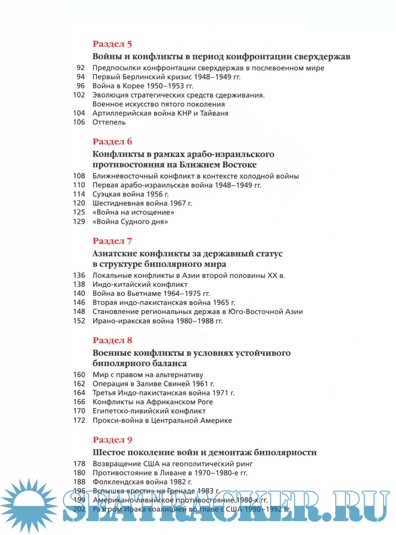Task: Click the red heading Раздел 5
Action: (112, 44)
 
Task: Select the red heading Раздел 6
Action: (112, 142)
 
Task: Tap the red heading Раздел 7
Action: (112, 241)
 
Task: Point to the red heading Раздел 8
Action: (112, 340)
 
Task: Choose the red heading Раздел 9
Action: (112, 440)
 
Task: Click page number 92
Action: (81, 68)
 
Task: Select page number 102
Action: (79, 95)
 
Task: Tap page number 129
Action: (79, 221)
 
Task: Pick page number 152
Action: (79, 321)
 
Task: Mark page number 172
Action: (79, 420)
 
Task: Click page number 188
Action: (79, 482)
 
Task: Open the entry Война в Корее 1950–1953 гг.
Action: (143, 86)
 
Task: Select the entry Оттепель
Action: (109, 122)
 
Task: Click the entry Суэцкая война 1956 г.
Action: (131, 194)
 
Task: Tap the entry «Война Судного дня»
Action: (130, 222)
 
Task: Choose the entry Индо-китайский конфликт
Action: (140, 285)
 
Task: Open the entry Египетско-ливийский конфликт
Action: (149, 411)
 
